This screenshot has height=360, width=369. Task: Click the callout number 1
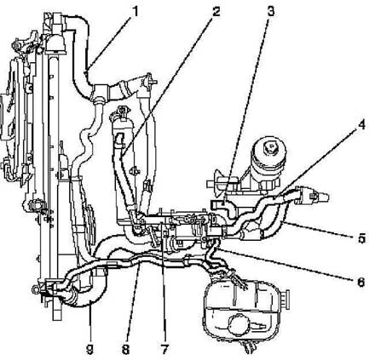pyautogui.click(x=135, y=12)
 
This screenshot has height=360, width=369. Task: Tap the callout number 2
pyautogui.click(x=216, y=12)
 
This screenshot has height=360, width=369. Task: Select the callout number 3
pyautogui.click(x=271, y=12)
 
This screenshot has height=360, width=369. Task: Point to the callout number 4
pyautogui.click(x=361, y=125)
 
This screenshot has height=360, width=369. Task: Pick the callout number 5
pyautogui.click(x=361, y=238)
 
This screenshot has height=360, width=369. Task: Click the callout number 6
pyautogui.click(x=360, y=282)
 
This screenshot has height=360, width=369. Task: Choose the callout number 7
pyautogui.click(x=164, y=349)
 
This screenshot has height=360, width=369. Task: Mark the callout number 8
pyautogui.click(x=125, y=349)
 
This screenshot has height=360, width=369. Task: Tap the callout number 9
pyautogui.click(x=89, y=350)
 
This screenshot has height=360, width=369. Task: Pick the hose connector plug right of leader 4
pyautogui.click(x=313, y=196)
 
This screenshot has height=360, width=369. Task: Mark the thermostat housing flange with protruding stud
pyautogui.click(x=147, y=80)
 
